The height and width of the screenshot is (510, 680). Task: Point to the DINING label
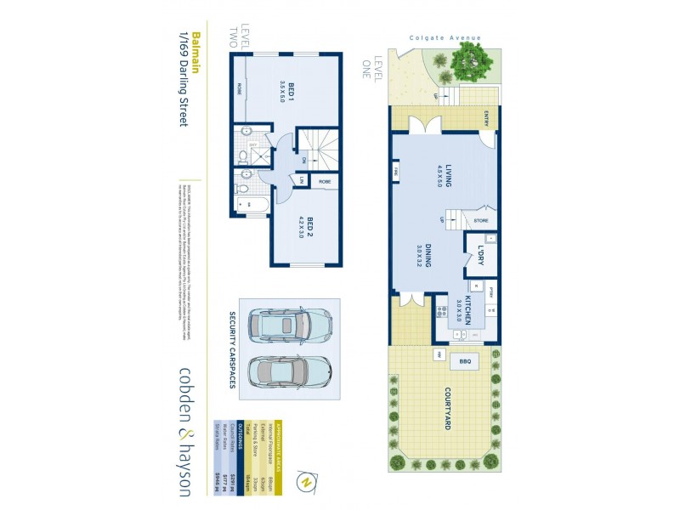431,257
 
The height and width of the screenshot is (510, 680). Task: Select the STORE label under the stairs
481,222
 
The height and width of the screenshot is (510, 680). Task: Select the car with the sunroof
289,324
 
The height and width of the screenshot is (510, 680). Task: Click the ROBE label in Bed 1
241,88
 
